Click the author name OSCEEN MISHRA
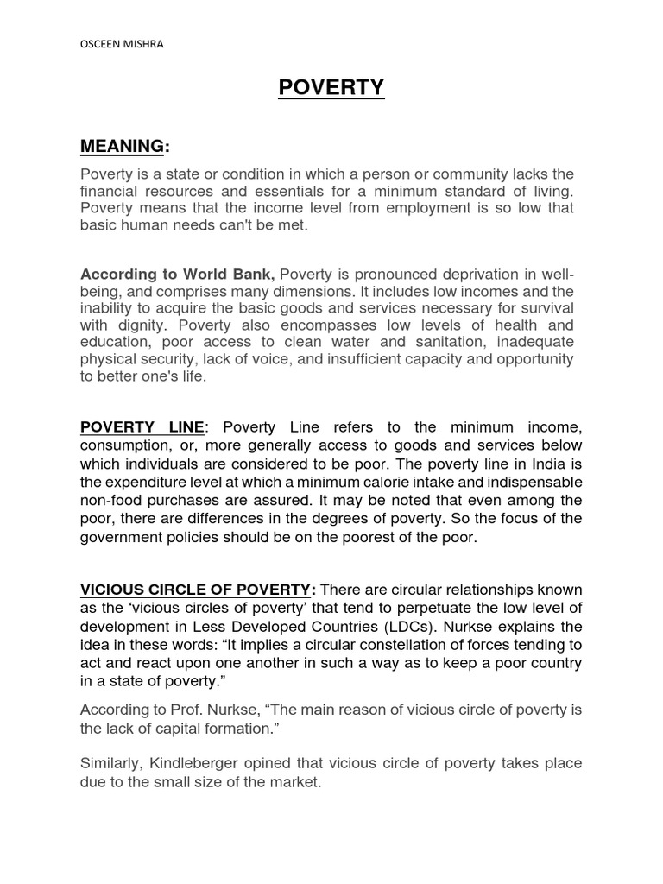[x=120, y=46]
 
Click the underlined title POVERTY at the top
[x=331, y=88]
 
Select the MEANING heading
[x=122, y=146]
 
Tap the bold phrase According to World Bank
[x=178, y=275]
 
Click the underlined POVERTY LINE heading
[x=142, y=427]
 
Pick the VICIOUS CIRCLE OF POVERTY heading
[x=195, y=590]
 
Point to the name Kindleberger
[x=194, y=764]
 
